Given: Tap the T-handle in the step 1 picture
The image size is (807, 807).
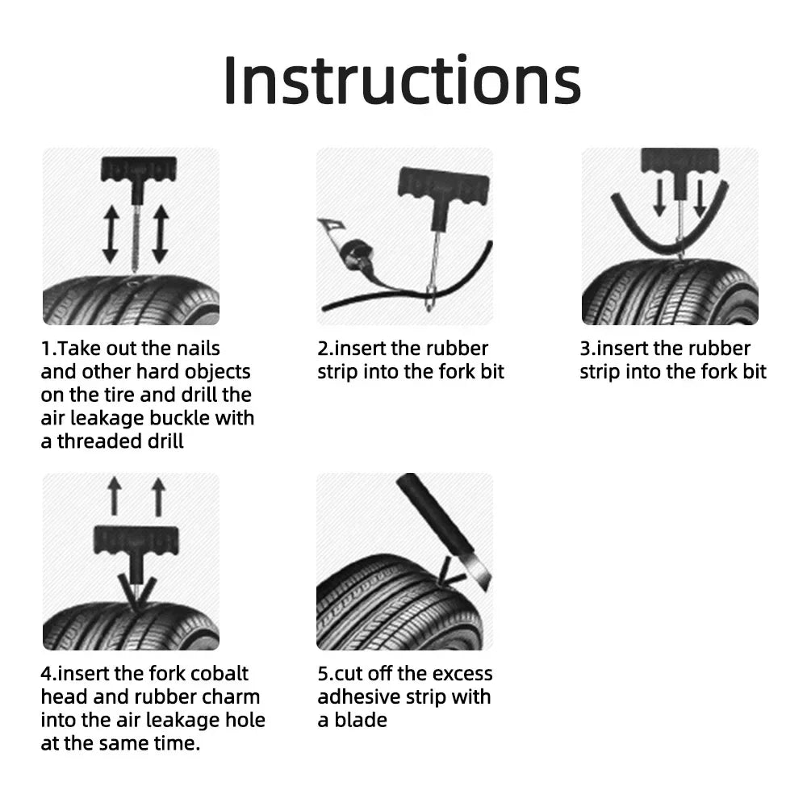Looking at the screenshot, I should tap(138, 169).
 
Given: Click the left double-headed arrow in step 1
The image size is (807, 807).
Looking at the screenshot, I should tap(111, 233).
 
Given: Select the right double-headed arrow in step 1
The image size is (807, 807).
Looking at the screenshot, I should tap(160, 233).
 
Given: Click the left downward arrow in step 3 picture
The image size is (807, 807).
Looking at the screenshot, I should tap(660, 197).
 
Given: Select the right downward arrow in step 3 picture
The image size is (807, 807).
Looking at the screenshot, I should tap(699, 197).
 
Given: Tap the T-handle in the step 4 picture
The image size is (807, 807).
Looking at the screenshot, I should tap(136, 540).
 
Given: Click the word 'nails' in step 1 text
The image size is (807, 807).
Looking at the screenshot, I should tap(196, 349).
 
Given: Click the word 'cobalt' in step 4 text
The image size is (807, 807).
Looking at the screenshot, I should tap(220, 674).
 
